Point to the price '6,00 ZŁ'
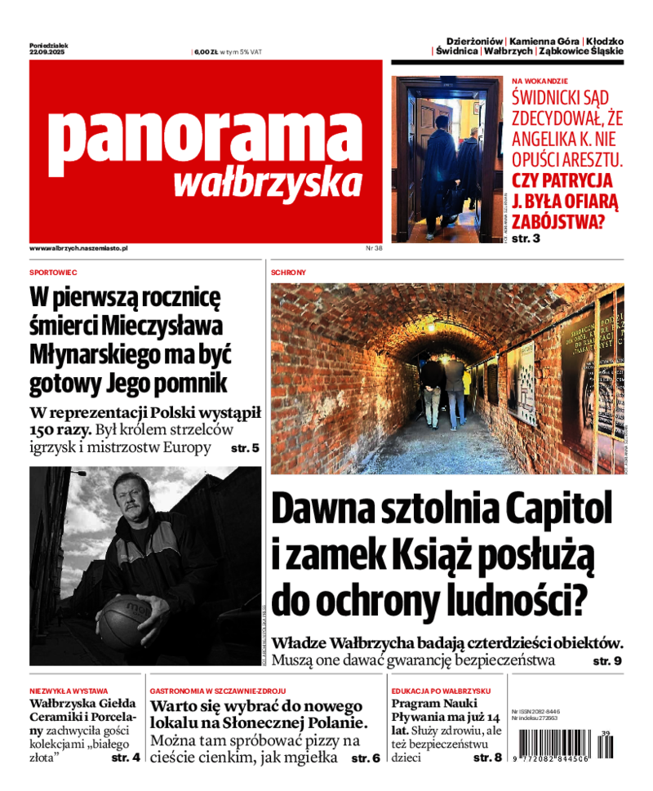pyautogui.click(x=204, y=52)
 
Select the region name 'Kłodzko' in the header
pyautogui.click(x=605, y=41)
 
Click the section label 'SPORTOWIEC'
pyautogui.click(x=53, y=272)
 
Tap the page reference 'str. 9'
pyautogui.click(x=606, y=660)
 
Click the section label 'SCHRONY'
pyautogui.click(x=288, y=272)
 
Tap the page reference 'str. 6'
pyautogui.click(x=365, y=758)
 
